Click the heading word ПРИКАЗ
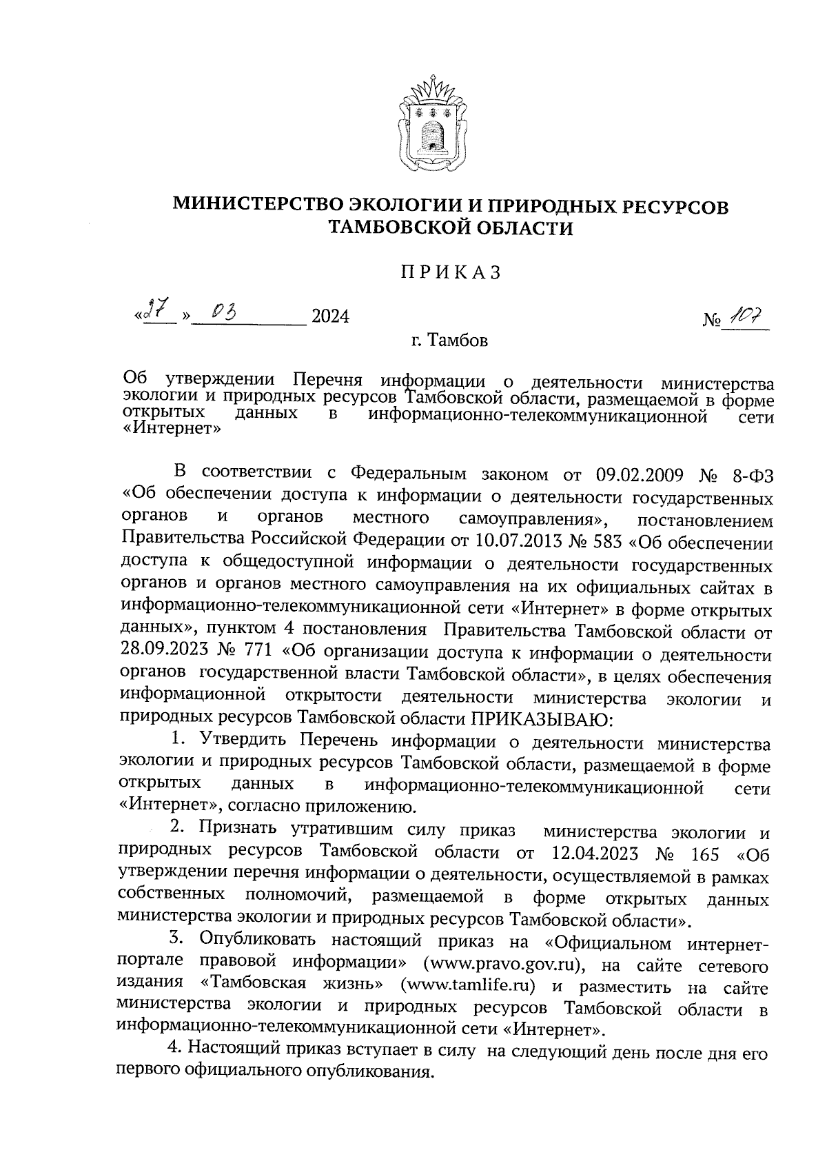tap(451, 273)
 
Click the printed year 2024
tap(331, 316)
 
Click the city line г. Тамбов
tap(446, 341)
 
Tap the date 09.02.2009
tap(636, 476)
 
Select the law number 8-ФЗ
tap(750, 476)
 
